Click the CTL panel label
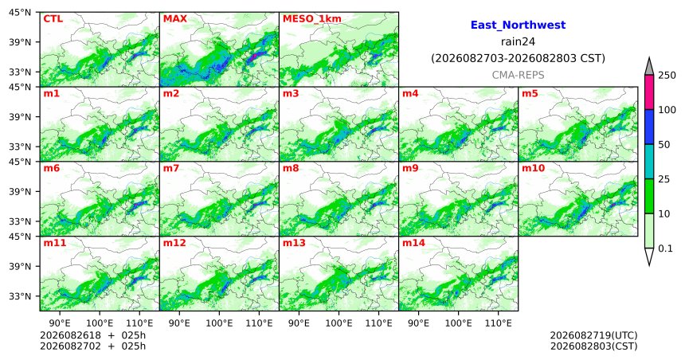pyautogui.click(x=53, y=19)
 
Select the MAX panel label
pyautogui.click(x=174, y=19)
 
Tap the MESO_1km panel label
pyautogui.click(x=312, y=19)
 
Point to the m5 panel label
pyautogui.click(x=530, y=93)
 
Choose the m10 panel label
pyautogui.click(x=533, y=168)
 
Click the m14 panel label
pyautogui.click(x=413, y=243)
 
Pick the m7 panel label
pyautogui.click(x=171, y=168)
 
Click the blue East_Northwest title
pyautogui.click(x=518, y=25)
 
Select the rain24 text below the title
pyautogui.click(x=518, y=42)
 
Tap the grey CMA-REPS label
pyautogui.click(x=518, y=75)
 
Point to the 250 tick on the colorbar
pyautogui.click(x=667, y=76)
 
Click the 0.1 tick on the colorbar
pyautogui.click(x=665, y=248)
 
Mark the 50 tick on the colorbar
pyautogui.click(x=664, y=145)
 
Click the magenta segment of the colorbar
pyautogui.click(x=649, y=92)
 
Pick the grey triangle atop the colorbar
pyautogui.click(x=649, y=66)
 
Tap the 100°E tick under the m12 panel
pyautogui.click(x=219, y=323)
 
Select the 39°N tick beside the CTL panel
pyautogui.click(x=20, y=42)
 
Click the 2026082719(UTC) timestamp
pyautogui.click(x=593, y=335)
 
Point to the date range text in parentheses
pyautogui.click(x=518, y=59)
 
